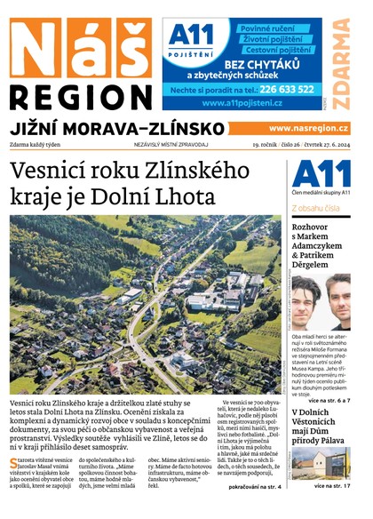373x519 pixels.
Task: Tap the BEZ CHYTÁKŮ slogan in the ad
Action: coord(264,65)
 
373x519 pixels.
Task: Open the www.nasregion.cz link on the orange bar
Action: coord(307,128)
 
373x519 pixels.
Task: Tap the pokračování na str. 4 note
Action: coord(255,488)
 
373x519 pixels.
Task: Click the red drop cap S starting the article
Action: coord(13,463)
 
